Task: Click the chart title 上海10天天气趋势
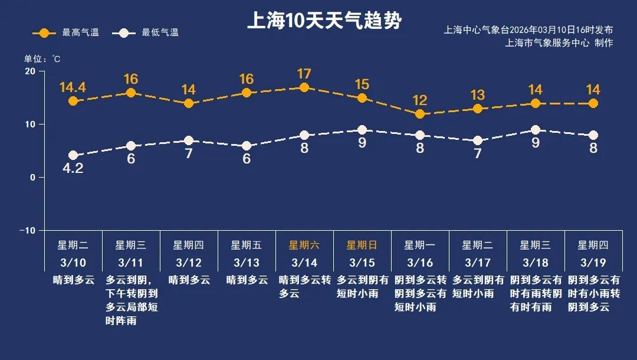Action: tap(324, 21)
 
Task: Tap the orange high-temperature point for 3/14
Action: tap(304, 87)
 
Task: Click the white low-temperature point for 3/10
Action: tap(73, 155)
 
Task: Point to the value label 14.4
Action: tap(73, 87)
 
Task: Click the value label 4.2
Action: tap(73, 169)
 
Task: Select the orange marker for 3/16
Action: tap(420, 114)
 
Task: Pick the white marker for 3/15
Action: tap(362, 130)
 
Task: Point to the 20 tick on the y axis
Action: tap(29, 71)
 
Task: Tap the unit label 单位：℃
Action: tap(42, 59)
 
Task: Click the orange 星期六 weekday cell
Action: tap(304, 245)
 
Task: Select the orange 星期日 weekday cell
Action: tap(362, 245)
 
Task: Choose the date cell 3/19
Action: tap(593, 262)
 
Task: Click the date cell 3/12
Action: tap(188, 262)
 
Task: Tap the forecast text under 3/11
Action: tap(131, 300)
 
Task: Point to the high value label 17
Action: tap(304, 74)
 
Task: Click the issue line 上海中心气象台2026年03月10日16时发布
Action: tap(528, 30)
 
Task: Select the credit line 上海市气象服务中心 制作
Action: tap(559, 43)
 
